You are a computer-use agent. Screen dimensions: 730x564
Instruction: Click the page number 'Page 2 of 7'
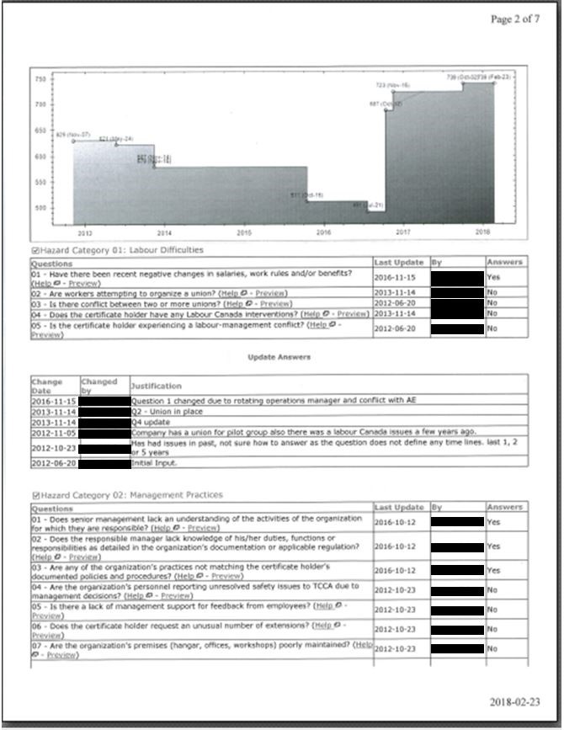515,19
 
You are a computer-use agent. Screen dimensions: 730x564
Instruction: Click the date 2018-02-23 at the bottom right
516,701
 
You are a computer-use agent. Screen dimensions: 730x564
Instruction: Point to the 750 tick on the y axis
40,79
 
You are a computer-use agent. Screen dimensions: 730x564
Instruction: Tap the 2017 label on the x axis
402,232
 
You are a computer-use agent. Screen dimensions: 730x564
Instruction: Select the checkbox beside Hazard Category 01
34,251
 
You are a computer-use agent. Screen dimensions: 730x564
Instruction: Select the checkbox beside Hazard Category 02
34,495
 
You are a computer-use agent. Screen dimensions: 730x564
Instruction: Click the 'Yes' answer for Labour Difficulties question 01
493,276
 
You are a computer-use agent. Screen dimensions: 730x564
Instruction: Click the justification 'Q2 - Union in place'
162,412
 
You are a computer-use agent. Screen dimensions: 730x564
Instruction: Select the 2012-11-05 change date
54,432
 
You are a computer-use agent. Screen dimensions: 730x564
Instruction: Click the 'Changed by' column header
99,386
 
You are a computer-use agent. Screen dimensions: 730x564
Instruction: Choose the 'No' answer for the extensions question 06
492,629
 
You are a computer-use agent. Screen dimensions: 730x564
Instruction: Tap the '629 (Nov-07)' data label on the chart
73,135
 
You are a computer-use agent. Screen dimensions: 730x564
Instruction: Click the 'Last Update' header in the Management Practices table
399,508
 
